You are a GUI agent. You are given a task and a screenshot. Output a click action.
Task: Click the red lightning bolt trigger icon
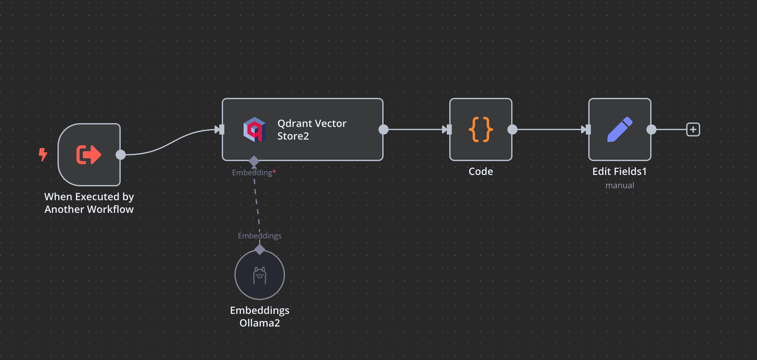(43, 154)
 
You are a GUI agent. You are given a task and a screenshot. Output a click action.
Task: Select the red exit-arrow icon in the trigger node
(89, 155)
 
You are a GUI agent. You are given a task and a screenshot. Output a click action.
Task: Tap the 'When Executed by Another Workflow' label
(89, 203)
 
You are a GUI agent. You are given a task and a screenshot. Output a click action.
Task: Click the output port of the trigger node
(121, 155)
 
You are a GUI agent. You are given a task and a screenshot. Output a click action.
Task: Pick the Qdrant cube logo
(254, 129)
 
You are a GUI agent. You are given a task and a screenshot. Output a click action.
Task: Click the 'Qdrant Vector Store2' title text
(312, 129)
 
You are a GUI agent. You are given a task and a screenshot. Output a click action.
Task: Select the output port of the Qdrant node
(383, 129)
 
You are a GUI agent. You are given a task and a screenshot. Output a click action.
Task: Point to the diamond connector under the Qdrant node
(254, 161)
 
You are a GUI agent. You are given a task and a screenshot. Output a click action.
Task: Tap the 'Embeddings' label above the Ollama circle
(259, 236)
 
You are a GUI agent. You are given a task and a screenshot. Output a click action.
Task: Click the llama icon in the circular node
(260, 275)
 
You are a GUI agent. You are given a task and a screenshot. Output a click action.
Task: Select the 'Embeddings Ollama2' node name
(260, 317)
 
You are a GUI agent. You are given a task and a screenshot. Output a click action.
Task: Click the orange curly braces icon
(481, 129)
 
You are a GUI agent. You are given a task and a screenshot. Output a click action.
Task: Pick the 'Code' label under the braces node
(481, 171)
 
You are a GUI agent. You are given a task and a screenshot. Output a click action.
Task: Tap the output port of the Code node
(512, 129)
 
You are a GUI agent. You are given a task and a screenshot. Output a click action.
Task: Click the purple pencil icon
(620, 129)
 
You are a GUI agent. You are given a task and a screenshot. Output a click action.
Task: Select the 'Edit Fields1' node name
(619, 171)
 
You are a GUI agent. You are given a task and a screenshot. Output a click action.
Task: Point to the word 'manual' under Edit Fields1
(620, 185)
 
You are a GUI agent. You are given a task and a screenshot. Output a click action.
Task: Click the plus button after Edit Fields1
(693, 129)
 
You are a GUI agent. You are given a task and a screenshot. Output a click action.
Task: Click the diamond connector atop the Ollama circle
(260, 249)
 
